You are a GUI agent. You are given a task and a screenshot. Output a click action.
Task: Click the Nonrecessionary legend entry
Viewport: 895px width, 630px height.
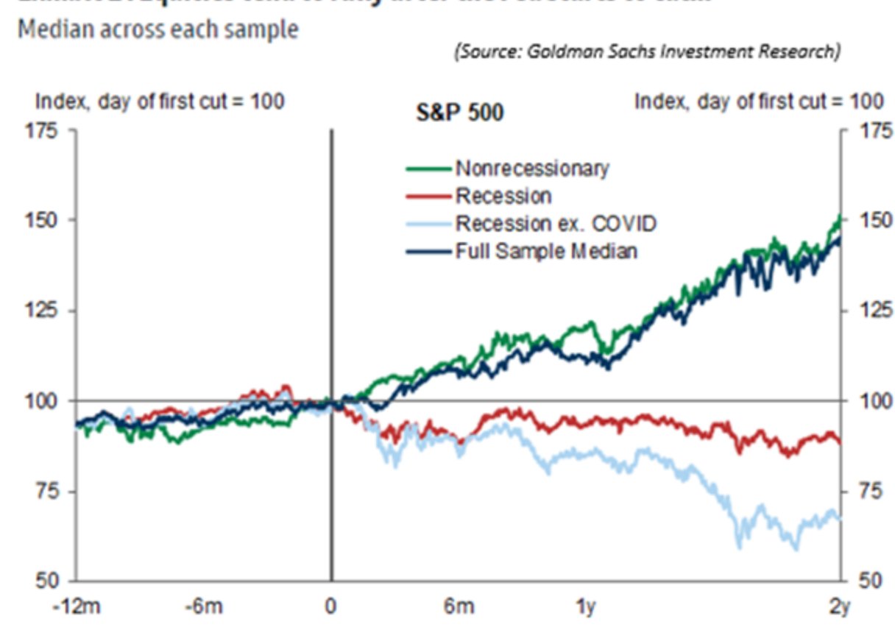coord(531,169)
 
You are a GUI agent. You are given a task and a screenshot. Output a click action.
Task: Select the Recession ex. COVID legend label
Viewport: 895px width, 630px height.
coord(555,223)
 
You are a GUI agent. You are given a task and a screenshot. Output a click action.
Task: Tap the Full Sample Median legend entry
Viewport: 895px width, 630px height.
coord(545,251)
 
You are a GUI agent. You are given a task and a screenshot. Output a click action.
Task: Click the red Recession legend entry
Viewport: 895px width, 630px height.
coord(503,196)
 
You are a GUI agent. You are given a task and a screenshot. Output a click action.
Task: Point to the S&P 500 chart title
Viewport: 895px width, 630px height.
coord(460,114)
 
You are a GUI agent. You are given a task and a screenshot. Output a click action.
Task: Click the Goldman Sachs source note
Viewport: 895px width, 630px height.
coord(648,52)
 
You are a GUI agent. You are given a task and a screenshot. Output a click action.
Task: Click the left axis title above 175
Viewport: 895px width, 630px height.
coord(152,102)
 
